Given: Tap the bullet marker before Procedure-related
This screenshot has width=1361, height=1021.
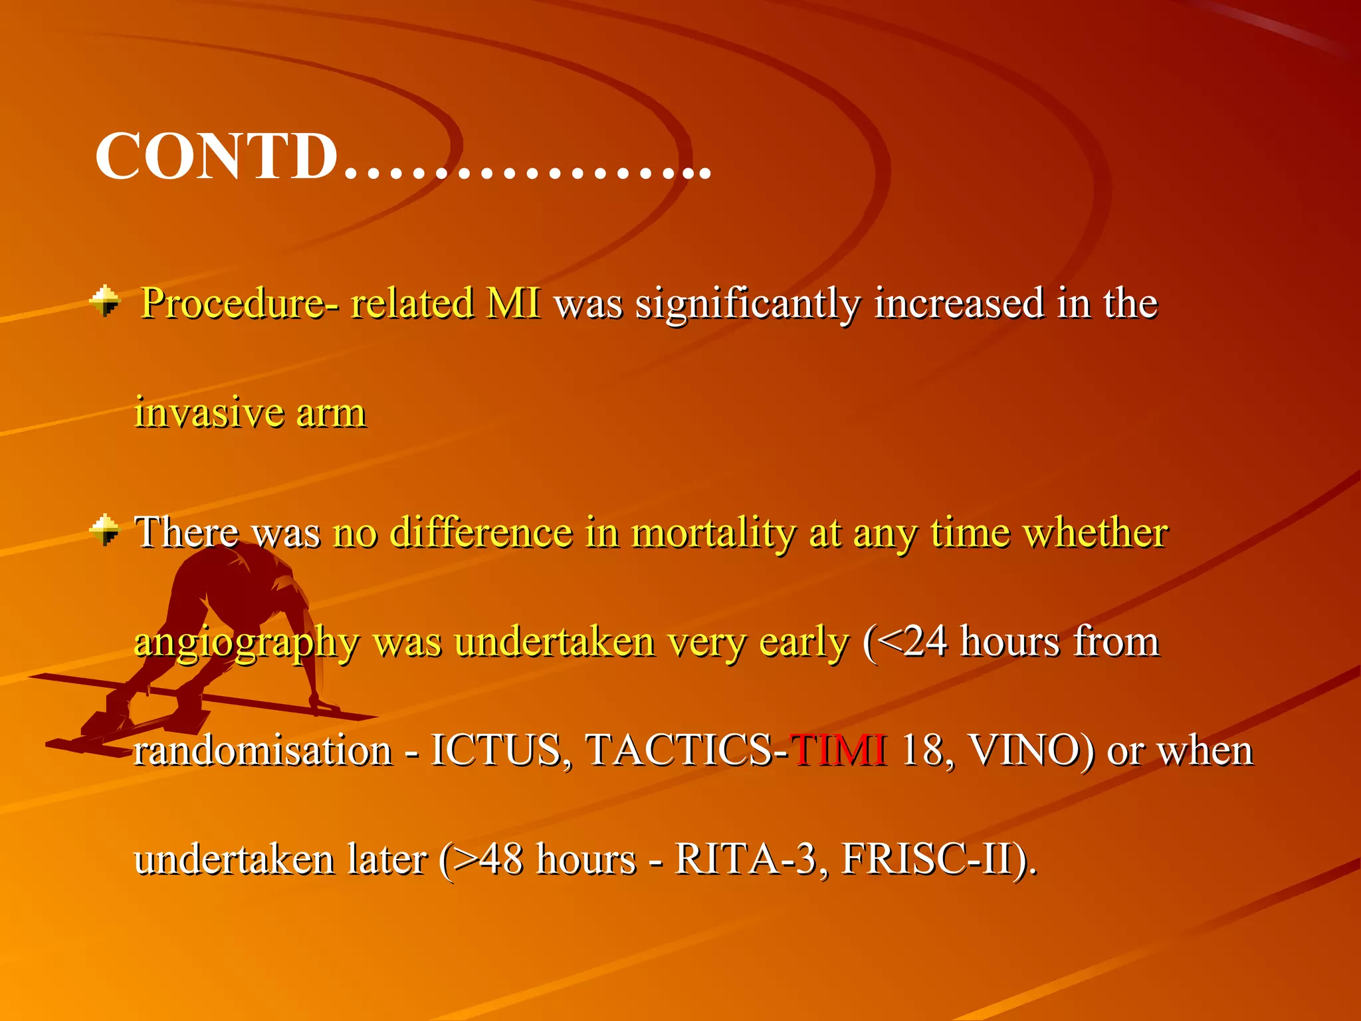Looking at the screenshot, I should coord(105,301).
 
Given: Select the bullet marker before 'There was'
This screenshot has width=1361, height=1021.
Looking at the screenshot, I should coord(105,530).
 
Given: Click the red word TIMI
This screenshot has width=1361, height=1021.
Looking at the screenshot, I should coord(838,750).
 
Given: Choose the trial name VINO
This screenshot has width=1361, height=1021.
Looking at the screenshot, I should coord(1030,750).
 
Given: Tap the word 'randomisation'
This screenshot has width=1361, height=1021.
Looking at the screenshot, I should coord(263,750).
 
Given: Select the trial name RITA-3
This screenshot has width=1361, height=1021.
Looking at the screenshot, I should coord(745,859).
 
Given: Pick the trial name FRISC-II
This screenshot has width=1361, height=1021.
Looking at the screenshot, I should coord(933,859).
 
